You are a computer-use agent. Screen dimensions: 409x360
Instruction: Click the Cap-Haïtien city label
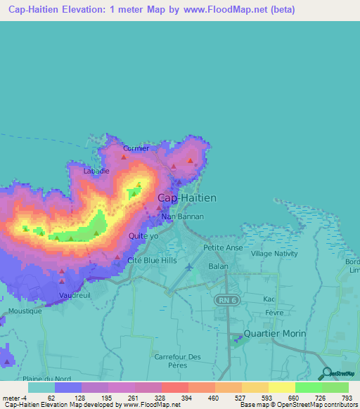point(186,198)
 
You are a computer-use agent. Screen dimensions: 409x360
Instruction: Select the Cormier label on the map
point(136,148)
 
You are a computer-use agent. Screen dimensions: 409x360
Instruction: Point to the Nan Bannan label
point(182,216)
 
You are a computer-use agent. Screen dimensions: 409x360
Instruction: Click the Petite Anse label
point(223,247)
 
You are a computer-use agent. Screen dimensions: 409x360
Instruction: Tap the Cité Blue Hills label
point(151,260)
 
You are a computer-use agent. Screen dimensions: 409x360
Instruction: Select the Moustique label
point(26,311)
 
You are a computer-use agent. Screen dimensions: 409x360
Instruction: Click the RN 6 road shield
point(224,299)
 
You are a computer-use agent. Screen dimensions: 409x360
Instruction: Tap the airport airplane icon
point(188,266)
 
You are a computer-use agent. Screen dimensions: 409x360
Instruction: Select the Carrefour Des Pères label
point(177,361)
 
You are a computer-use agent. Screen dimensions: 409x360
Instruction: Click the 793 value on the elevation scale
point(347,398)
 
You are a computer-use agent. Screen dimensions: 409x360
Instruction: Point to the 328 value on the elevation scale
point(160,398)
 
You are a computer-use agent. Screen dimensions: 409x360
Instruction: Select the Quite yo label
point(143,236)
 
